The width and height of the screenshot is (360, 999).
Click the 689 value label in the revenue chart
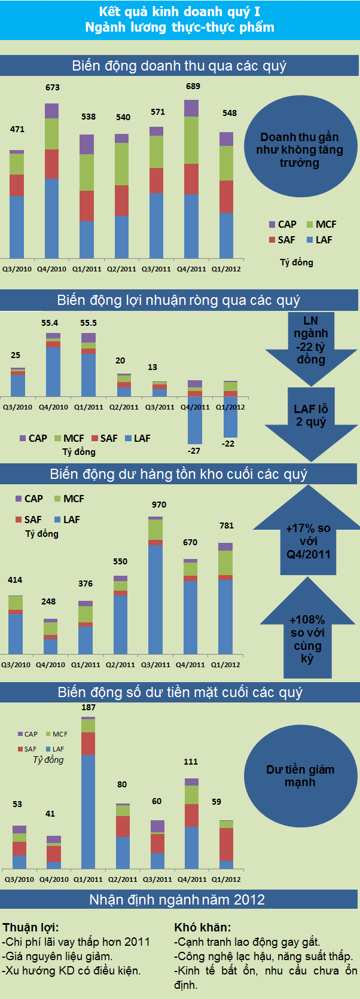point(193,86)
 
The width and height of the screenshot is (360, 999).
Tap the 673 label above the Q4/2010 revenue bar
point(53,87)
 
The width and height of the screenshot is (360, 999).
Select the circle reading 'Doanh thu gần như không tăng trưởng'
point(300,150)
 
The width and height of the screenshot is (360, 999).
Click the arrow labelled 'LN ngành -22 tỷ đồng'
point(311,344)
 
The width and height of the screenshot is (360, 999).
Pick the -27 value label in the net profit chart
point(194,451)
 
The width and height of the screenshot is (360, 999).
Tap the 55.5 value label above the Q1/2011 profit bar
point(89,323)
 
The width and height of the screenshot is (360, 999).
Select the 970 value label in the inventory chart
point(159,505)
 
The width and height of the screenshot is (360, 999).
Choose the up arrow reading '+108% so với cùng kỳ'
point(307,636)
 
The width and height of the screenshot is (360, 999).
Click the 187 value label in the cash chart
point(89,707)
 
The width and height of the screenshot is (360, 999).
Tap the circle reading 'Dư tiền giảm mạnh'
point(300,775)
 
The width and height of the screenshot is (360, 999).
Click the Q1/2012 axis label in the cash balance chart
point(226,879)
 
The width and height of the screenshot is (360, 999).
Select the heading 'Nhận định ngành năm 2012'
point(177,900)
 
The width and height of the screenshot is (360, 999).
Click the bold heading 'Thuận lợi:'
point(30,927)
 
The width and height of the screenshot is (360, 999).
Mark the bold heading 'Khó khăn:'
point(203,927)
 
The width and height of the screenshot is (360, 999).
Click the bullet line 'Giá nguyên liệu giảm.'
point(58,956)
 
